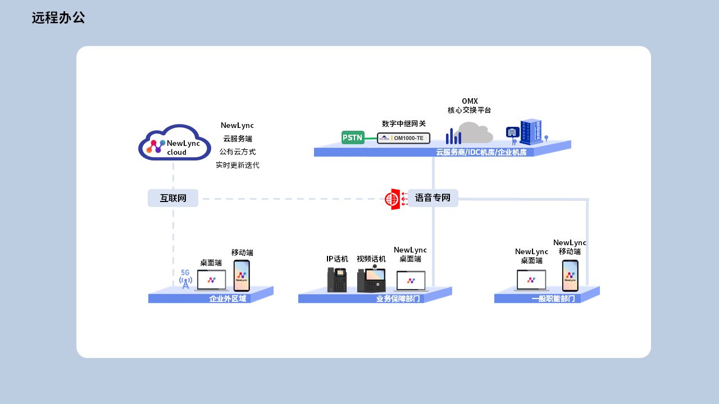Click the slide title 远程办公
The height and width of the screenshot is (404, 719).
pos(58,18)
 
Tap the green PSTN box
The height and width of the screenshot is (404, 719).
pos(353,137)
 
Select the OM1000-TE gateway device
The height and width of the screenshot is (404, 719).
pos(403,138)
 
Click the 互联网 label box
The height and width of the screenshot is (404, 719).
pos(173,198)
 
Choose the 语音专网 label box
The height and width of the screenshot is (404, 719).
pos(433,198)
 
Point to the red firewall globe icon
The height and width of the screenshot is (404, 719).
pos(392,199)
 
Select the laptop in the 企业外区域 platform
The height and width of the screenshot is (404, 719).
pos(211,280)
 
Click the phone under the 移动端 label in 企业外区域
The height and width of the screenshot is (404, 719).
pos(242,276)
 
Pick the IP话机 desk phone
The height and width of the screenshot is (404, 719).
pos(337,279)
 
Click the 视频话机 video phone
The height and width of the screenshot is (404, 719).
pos(371,279)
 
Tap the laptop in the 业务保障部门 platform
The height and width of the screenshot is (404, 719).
pos(411,281)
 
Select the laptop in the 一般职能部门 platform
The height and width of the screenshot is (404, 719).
pos(531,280)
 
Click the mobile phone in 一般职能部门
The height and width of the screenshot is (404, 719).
pos(570,276)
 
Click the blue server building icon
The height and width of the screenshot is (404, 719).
pos(530,132)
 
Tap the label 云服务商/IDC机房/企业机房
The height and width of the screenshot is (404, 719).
pos(481,153)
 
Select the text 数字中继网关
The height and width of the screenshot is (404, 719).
pos(404,123)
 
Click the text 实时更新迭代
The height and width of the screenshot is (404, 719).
pos(238,165)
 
